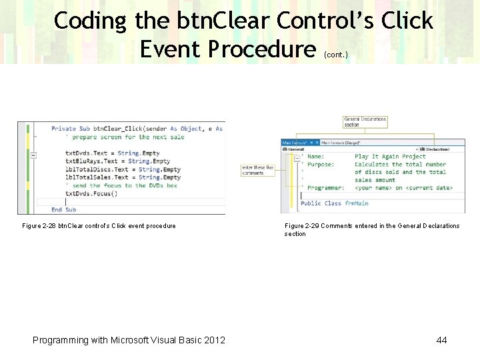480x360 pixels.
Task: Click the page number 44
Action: point(441,340)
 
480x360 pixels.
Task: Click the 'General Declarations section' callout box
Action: point(365,122)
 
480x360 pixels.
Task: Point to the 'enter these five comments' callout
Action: point(257,170)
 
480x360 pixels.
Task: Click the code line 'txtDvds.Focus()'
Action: point(91,194)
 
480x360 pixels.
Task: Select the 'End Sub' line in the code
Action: point(63,209)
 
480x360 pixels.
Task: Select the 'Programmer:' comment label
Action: point(326,188)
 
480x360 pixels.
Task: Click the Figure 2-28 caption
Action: point(99,226)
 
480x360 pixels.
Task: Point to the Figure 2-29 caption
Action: point(371,229)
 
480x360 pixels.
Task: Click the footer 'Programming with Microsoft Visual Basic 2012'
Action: point(129,340)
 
